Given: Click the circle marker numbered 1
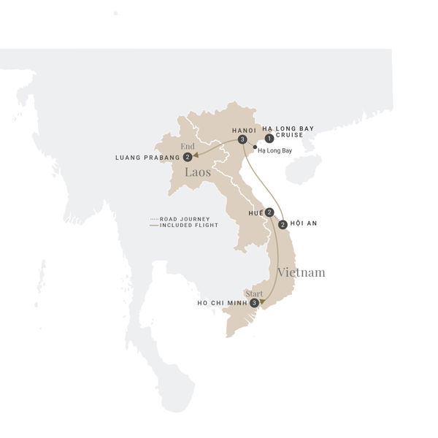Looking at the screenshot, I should (269, 138).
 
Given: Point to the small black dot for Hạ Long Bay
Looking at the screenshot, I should (254, 149).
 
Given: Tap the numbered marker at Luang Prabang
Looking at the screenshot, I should (188, 157).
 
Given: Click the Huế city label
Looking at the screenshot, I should (255, 212).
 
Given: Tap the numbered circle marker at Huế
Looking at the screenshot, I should (269, 212).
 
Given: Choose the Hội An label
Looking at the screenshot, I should (304, 224).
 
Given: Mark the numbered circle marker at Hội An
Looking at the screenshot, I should (283, 224).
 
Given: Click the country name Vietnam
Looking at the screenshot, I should (301, 272).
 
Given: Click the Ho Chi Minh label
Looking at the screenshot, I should (222, 303).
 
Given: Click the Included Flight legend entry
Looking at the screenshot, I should (181, 225).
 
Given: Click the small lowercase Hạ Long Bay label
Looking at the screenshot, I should (275, 150).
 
